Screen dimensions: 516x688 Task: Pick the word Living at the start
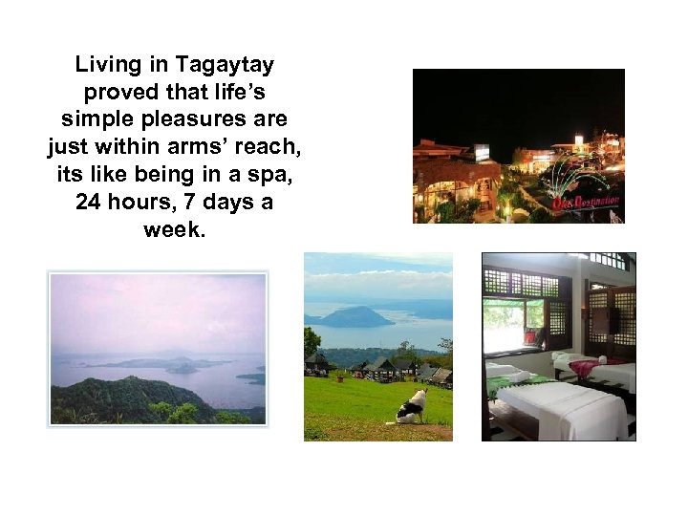click(x=106, y=66)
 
